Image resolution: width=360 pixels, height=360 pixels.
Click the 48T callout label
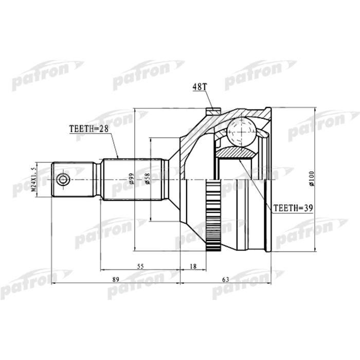[x=199, y=88]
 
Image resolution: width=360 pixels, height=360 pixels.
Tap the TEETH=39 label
[x=292, y=208]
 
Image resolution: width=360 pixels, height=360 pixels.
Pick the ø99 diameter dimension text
[x=132, y=179]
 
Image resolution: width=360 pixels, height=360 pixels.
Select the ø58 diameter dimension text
[x=147, y=179]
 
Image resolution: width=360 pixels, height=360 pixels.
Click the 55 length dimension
[x=140, y=266]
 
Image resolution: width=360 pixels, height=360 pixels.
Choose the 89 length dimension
[x=115, y=280]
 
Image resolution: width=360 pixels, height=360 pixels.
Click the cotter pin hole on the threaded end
[x=63, y=180]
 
